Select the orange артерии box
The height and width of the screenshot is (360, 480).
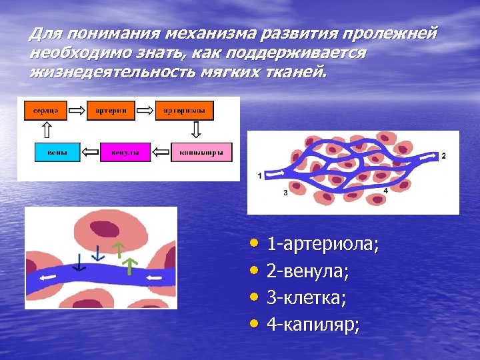tap(111, 110)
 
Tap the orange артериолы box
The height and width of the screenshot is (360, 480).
tap(184, 110)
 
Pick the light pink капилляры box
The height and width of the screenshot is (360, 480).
tap(201, 153)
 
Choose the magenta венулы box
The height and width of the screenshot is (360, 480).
tap(125, 153)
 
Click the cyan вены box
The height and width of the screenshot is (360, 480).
tap(57, 153)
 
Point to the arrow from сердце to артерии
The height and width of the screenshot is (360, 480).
tap(78, 110)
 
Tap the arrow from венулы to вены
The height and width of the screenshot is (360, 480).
tap(90, 153)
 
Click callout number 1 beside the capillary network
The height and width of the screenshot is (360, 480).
tap(259, 175)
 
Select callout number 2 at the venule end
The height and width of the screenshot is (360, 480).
tap(444, 155)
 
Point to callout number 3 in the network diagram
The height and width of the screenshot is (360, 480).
tap(285, 193)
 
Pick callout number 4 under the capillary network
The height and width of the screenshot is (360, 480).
tap(385, 191)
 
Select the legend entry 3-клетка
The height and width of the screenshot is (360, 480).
tap(306, 298)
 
